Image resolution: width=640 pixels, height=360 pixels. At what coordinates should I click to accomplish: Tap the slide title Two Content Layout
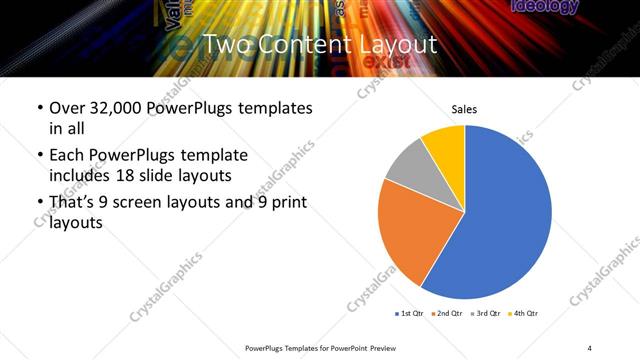tap(320, 45)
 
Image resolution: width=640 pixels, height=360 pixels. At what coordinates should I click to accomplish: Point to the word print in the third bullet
tap(283, 203)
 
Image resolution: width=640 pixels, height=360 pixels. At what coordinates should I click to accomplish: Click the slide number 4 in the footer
tap(590, 347)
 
